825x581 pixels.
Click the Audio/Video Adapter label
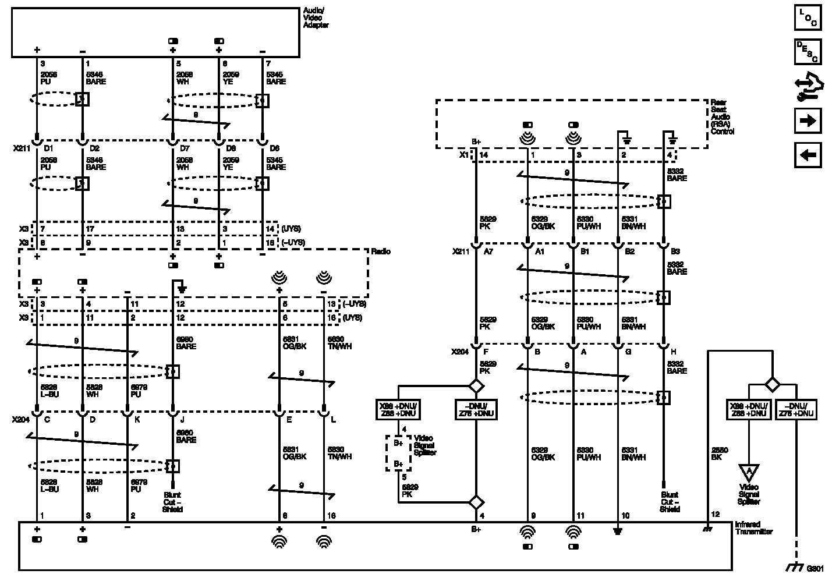tap(316, 18)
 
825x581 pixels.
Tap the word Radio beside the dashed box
tap(381, 251)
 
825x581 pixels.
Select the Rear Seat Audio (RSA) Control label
tap(723, 116)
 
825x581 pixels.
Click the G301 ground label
tap(815, 568)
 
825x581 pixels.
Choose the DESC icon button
tap(808, 51)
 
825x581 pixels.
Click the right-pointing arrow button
tap(808, 121)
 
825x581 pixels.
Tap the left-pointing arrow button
tap(808, 155)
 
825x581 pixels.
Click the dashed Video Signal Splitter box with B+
tap(399, 453)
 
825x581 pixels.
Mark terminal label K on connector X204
tap(136, 419)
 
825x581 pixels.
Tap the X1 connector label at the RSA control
tap(464, 155)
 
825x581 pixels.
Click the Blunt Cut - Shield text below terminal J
tap(172, 502)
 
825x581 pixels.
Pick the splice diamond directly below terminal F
tap(477, 385)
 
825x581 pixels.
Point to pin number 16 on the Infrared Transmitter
tap(331, 516)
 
